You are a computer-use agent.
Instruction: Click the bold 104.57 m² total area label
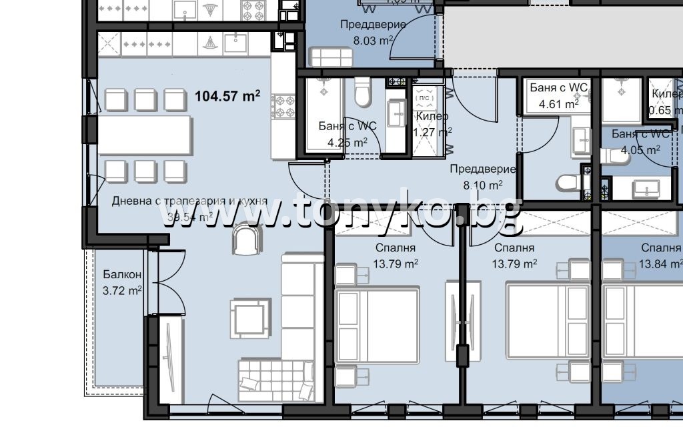pyautogui.click(x=227, y=96)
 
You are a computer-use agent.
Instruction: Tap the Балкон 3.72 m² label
pyautogui.click(x=122, y=283)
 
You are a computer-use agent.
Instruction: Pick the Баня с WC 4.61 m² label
pyautogui.click(x=558, y=95)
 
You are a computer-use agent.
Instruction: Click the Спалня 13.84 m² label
pyautogui.click(x=660, y=256)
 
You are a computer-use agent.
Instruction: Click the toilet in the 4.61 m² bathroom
pyautogui.click(x=571, y=183)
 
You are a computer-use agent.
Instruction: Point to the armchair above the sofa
pyautogui.click(x=247, y=239)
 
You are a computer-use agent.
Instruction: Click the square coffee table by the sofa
pyautogui.click(x=249, y=318)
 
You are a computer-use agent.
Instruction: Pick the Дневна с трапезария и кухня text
pyautogui.click(x=189, y=200)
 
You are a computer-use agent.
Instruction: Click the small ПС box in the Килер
pyautogui.click(x=424, y=98)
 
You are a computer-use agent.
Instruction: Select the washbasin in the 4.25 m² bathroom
pyautogui.click(x=396, y=111)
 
